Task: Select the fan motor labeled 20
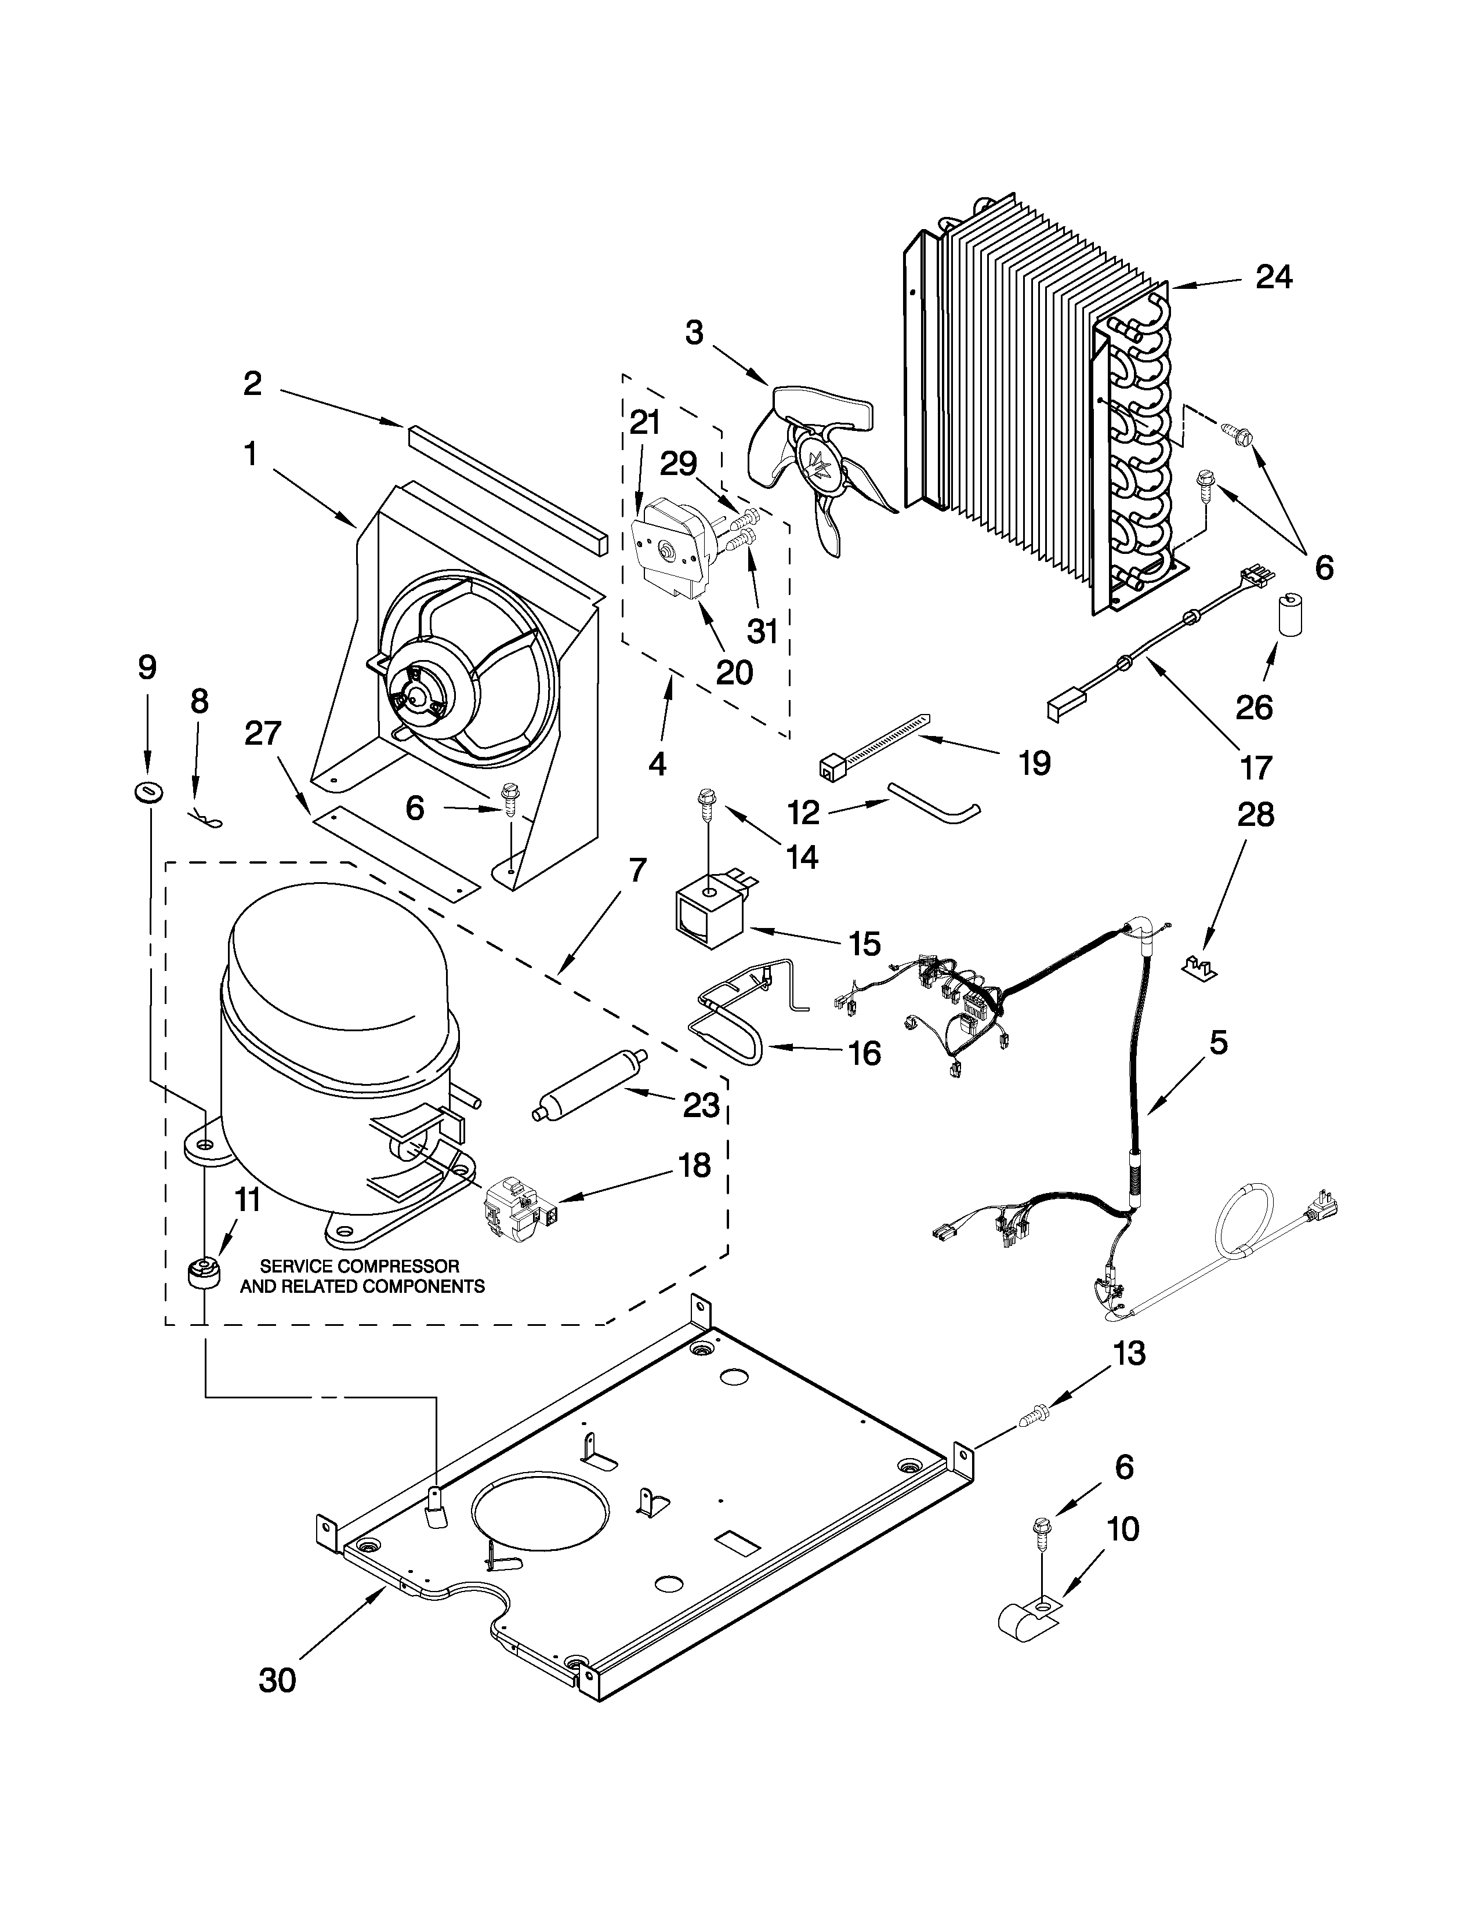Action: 671,552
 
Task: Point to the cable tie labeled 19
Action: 872,745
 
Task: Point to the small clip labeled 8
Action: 205,820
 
